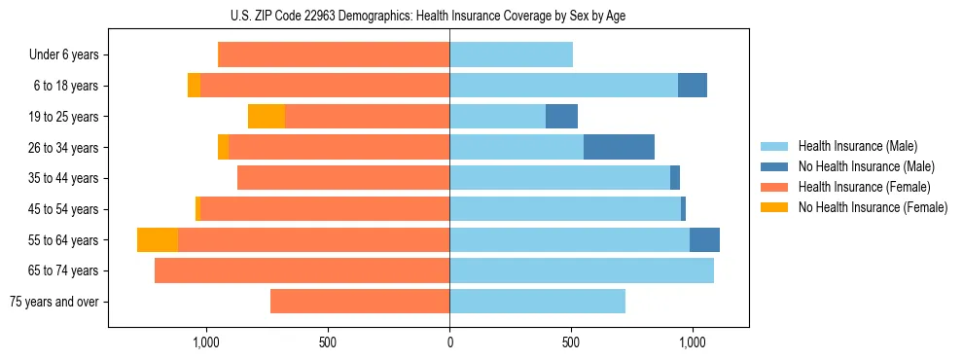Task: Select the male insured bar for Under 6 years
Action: tap(511, 54)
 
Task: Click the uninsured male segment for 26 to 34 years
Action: tap(619, 147)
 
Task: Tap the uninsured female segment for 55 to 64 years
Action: tap(158, 240)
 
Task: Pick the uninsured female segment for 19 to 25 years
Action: tap(267, 117)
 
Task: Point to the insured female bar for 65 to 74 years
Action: tap(302, 270)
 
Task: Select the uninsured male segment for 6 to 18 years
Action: tap(693, 86)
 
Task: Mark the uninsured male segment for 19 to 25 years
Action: tap(561, 117)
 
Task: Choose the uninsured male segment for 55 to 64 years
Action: tap(704, 240)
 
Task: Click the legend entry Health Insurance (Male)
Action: tap(857, 146)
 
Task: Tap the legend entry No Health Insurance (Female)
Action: tap(873, 207)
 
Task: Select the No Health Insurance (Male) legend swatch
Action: tap(774, 166)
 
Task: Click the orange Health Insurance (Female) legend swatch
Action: tap(774, 187)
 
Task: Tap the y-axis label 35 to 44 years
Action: tap(65, 178)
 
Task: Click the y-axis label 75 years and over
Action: tap(54, 302)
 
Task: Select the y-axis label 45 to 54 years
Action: tap(65, 209)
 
